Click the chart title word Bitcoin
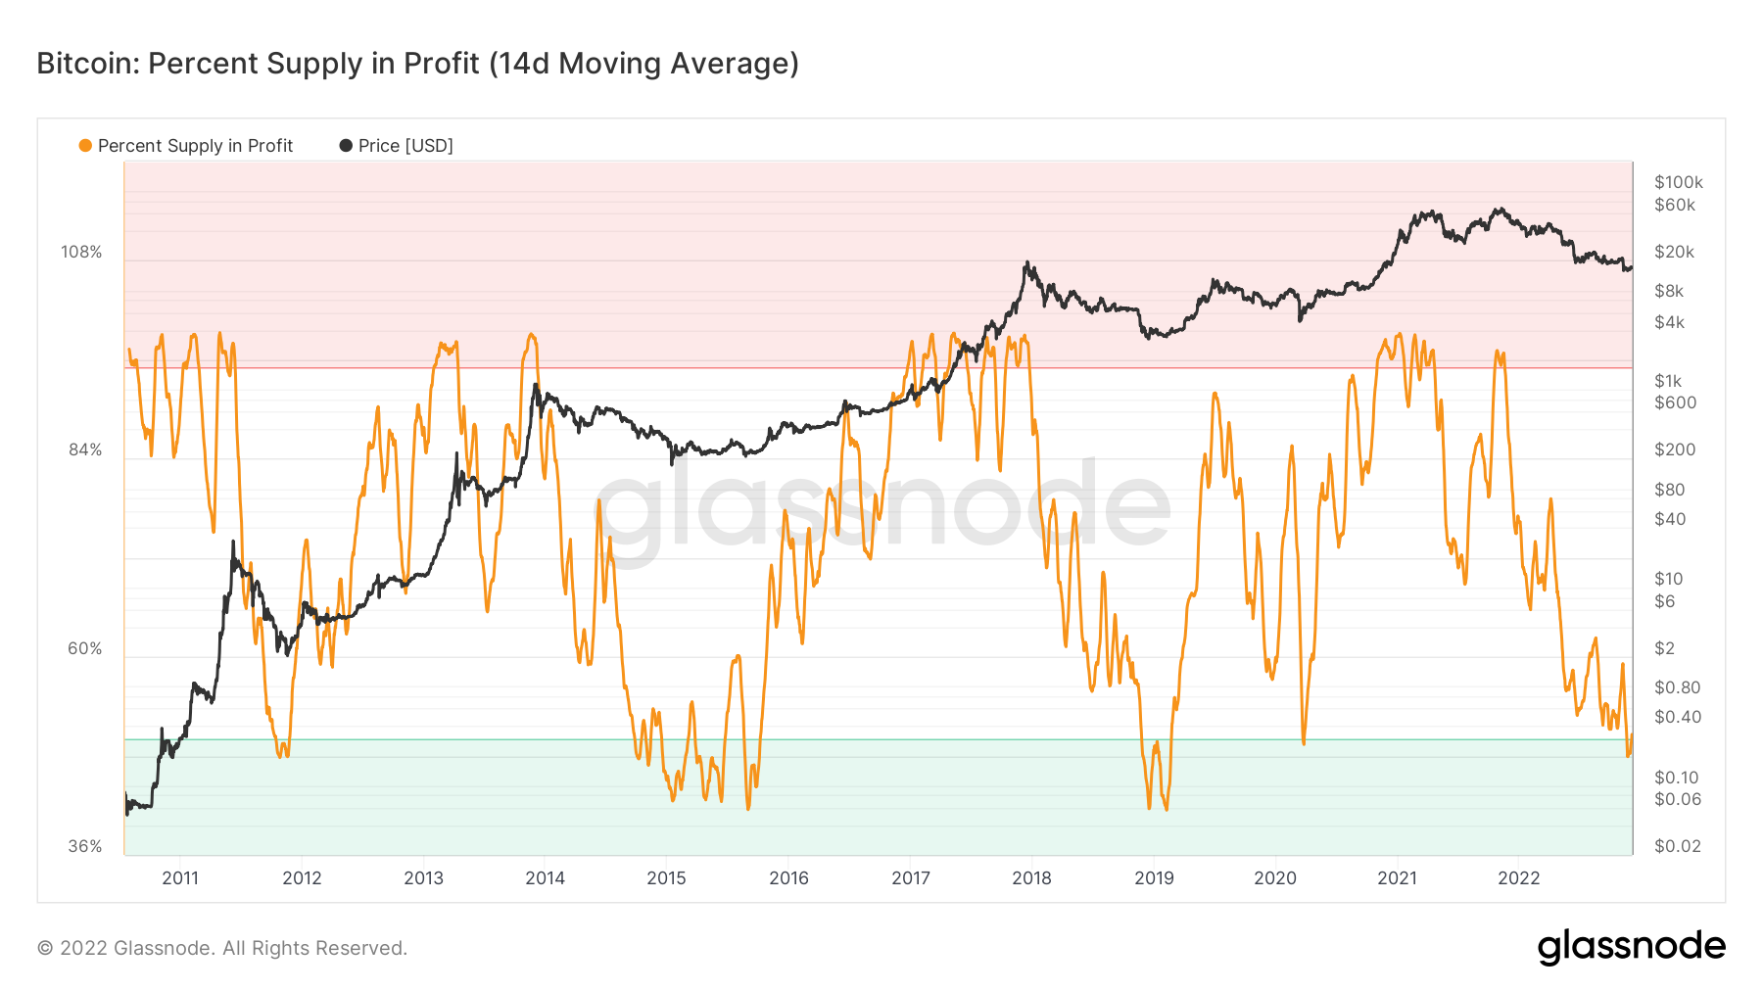tap(86, 64)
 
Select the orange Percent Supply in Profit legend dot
tap(85, 146)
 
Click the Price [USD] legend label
tap(405, 146)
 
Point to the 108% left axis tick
tap(81, 252)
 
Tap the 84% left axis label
tap(85, 449)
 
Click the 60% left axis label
tap(85, 648)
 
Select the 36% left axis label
tap(85, 846)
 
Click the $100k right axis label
tap(1678, 182)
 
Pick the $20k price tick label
tap(1674, 252)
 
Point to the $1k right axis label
tap(1669, 381)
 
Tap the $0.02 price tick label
tap(1677, 846)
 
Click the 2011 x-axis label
tap(180, 877)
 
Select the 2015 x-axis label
tap(666, 877)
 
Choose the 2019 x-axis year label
tap(1154, 877)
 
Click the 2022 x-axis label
tap(1518, 877)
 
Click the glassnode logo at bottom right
tap(1631, 947)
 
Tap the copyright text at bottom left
tap(222, 948)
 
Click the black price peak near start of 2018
tap(1026, 262)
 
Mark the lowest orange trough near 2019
tap(1166, 809)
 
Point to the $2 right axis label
tap(1664, 648)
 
